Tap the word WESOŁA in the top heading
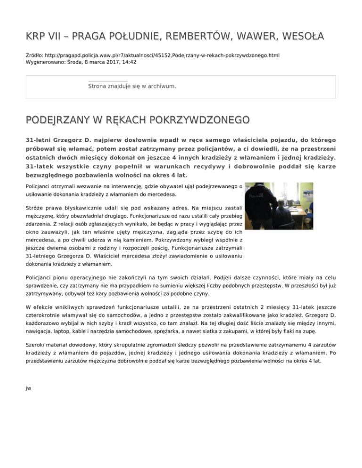[309, 36]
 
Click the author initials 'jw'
[28, 387]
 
